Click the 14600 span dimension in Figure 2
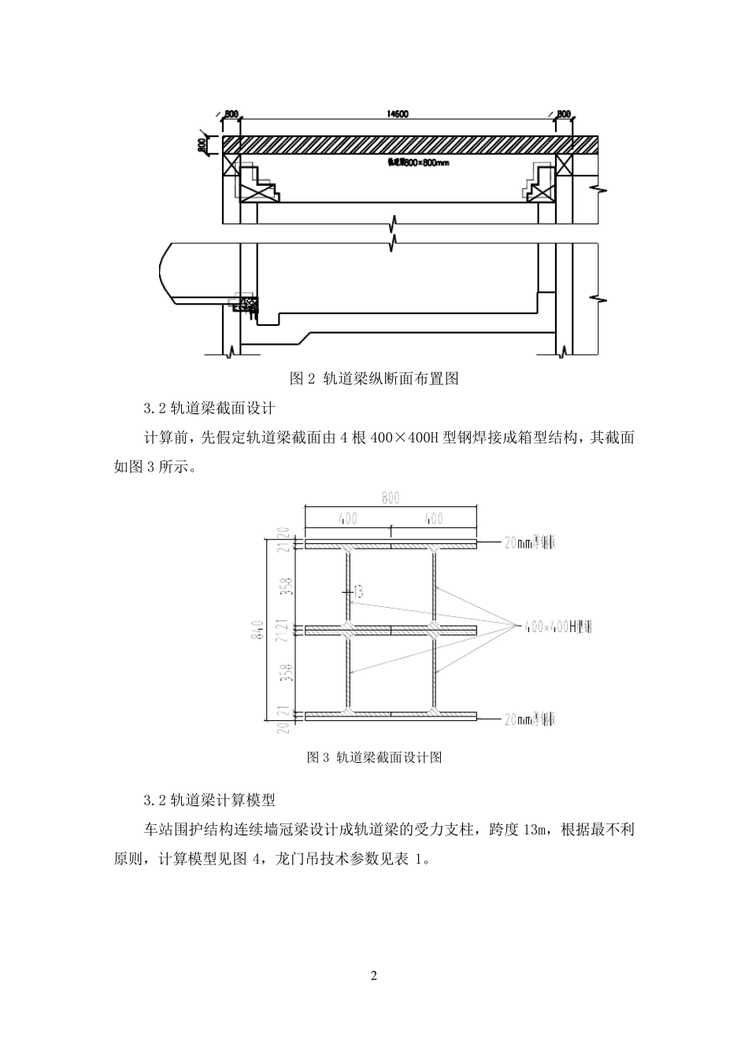[397, 114]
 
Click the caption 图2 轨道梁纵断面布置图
[374, 379]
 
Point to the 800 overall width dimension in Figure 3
[391, 498]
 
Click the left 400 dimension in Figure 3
[347, 519]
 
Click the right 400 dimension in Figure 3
[433, 519]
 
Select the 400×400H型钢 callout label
[555, 627]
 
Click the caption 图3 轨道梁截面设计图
[374, 758]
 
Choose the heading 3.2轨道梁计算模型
[209, 801]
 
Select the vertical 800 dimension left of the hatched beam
[203, 146]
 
